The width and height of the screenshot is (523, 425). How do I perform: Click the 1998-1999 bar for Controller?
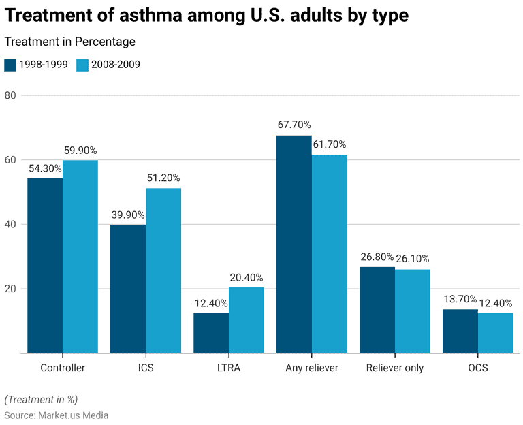pyautogui.click(x=45, y=266)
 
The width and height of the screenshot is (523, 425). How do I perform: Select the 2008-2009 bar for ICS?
pyautogui.click(x=163, y=270)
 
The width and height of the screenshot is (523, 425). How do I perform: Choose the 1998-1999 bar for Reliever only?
pyautogui.click(x=377, y=309)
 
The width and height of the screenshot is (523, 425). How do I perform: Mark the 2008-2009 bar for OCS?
pyautogui.click(x=495, y=332)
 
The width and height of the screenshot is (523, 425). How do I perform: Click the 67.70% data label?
pyautogui.click(x=294, y=125)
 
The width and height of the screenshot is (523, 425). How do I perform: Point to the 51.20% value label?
pyautogui.click(x=163, y=178)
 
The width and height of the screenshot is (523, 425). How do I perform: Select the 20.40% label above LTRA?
pyautogui.click(x=247, y=277)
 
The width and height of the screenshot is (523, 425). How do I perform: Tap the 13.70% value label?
pyautogui.click(x=460, y=299)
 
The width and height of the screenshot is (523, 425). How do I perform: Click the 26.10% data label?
pyautogui.click(x=413, y=259)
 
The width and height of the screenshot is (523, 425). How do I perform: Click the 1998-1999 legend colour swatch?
pyautogui.click(x=10, y=65)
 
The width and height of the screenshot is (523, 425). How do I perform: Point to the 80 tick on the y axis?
pyautogui.click(x=10, y=95)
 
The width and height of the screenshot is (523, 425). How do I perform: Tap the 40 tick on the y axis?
pyautogui.click(x=10, y=224)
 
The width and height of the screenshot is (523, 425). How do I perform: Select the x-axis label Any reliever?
pyautogui.click(x=312, y=368)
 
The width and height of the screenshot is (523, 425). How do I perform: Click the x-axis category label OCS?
pyautogui.click(x=477, y=368)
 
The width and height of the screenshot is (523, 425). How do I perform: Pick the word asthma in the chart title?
pyautogui.click(x=144, y=16)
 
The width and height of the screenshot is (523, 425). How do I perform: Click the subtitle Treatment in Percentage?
pyautogui.click(x=69, y=42)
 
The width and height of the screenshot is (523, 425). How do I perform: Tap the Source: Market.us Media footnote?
pyautogui.click(x=57, y=415)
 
